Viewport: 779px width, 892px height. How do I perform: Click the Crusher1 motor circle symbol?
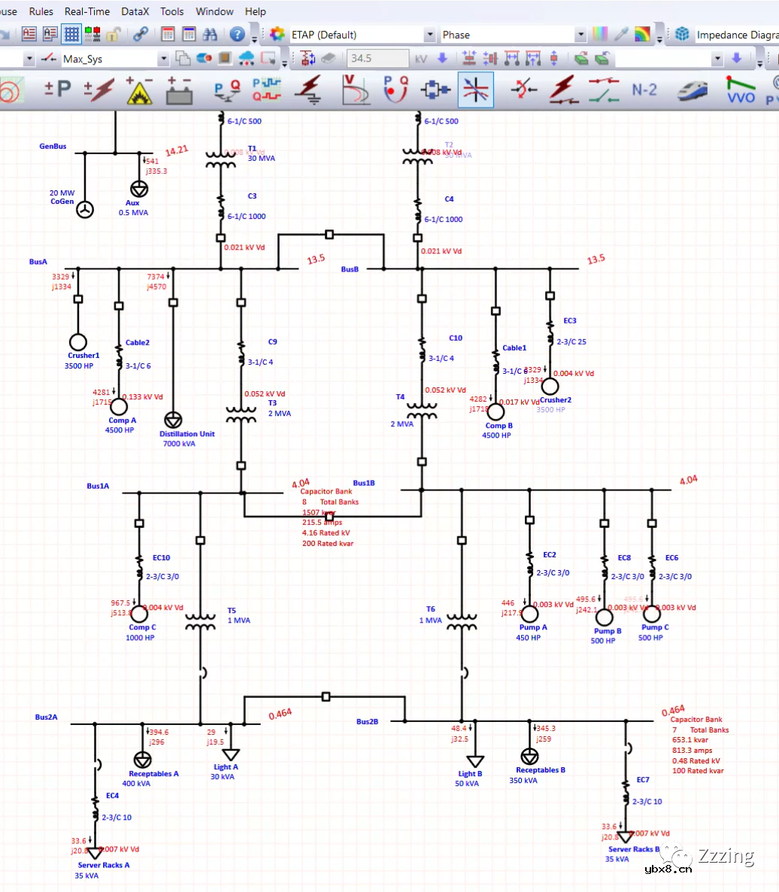(77, 341)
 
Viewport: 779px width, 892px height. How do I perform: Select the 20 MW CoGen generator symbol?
(85, 210)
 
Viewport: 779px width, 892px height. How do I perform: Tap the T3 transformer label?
(273, 402)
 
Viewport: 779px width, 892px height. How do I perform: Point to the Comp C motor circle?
(139, 614)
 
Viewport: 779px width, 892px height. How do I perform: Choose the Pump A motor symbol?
(529, 614)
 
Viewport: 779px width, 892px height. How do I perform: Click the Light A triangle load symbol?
(231, 754)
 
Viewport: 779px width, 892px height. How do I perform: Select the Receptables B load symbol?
(529, 755)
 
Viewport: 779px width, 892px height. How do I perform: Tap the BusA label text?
(38, 262)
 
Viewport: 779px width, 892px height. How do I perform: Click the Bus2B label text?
(367, 721)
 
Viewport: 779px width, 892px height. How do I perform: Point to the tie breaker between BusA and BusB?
(329, 235)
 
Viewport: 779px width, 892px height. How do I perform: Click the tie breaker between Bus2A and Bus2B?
(326, 696)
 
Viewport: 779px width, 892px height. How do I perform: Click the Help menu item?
(256, 11)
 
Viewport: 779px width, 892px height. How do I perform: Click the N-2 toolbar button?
(644, 90)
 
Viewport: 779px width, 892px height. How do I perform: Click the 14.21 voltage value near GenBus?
(177, 150)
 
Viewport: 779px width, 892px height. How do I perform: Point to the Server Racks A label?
(104, 865)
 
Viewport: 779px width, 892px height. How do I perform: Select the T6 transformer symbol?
(462, 622)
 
